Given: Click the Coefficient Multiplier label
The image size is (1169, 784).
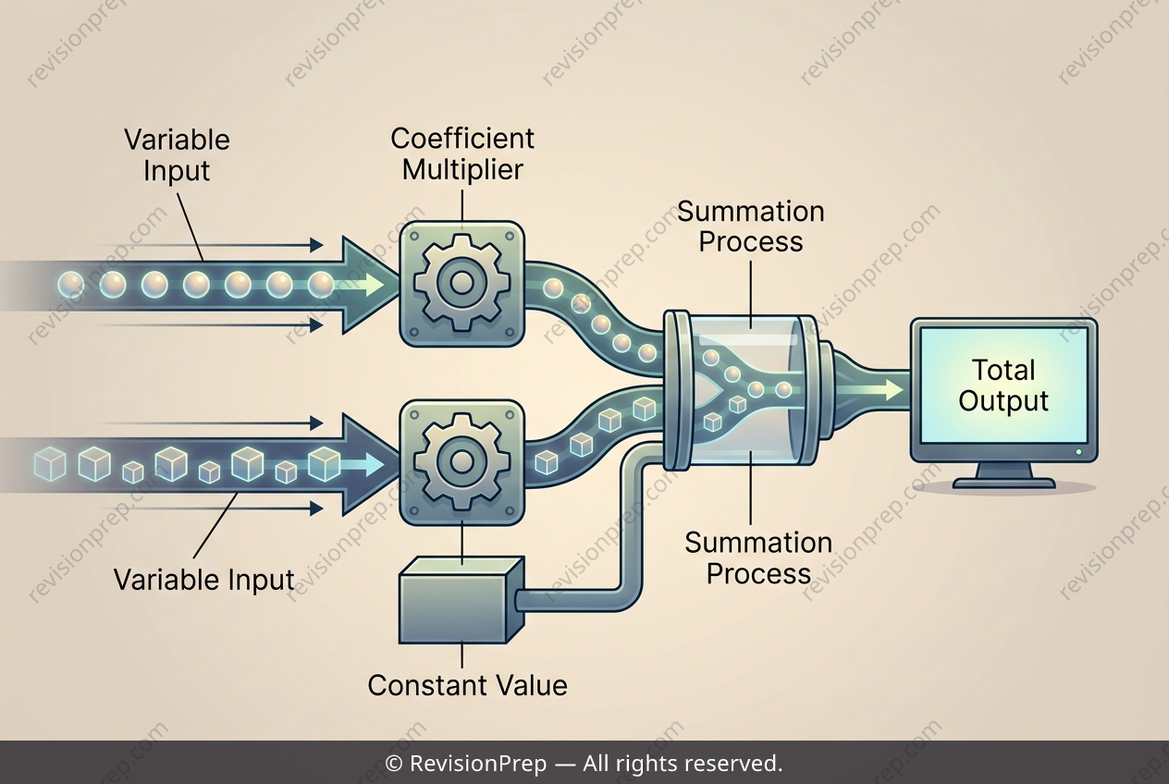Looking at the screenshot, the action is (x=462, y=153).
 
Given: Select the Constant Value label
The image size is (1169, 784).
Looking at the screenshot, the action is (x=467, y=685).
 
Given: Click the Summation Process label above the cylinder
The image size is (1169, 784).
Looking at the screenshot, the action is (x=750, y=227).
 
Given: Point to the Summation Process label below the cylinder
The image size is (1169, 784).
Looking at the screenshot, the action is (x=758, y=557).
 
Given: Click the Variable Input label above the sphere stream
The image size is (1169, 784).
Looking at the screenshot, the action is (x=177, y=155).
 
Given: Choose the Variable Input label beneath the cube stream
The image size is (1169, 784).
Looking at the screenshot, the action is (x=204, y=580).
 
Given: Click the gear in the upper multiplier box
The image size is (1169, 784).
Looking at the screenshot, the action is (x=461, y=283).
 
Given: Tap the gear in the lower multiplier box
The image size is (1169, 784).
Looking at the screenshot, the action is (x=461, y=461).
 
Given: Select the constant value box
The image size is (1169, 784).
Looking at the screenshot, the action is (x=461, y=600).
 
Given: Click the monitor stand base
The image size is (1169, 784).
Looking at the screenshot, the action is (x=1003, y=484).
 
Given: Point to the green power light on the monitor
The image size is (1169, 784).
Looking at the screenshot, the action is (x=1078, y=452).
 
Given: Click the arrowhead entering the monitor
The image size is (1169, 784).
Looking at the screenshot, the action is (x=893, y=389).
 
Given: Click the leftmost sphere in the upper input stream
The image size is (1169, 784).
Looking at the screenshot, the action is (x=71, y=285).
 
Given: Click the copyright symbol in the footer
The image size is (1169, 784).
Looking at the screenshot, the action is (x=393, y=764).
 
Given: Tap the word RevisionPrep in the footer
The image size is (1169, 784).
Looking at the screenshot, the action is (x=478, y=764).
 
